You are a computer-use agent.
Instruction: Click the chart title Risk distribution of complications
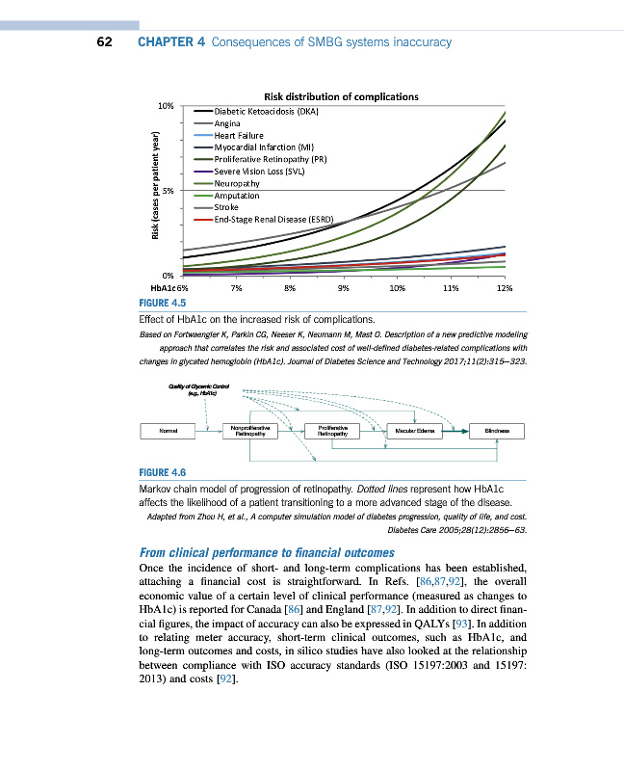[341, 96]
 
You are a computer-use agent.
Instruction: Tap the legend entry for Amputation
[236, 195]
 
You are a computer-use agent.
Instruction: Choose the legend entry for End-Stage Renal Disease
[273, 219]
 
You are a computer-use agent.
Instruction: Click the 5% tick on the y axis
[168, 190]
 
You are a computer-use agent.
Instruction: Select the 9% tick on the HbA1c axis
[343, 287]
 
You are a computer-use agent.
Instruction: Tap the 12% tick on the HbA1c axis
[504, 287]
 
